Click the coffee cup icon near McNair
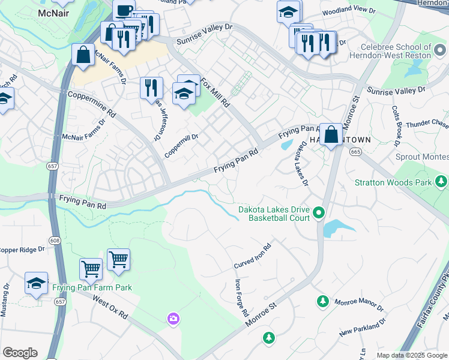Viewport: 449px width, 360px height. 124,11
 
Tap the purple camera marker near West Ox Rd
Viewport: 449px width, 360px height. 173,317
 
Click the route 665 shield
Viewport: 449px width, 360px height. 355,152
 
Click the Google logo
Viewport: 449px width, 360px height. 20,353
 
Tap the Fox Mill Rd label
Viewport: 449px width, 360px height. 215,92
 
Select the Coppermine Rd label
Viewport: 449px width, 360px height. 91,103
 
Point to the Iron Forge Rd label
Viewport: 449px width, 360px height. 241,298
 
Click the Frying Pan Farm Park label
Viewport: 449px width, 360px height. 92,287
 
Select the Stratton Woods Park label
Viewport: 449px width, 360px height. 393,182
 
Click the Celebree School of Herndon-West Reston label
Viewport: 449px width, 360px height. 396,51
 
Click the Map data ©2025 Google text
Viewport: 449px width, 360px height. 411,355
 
